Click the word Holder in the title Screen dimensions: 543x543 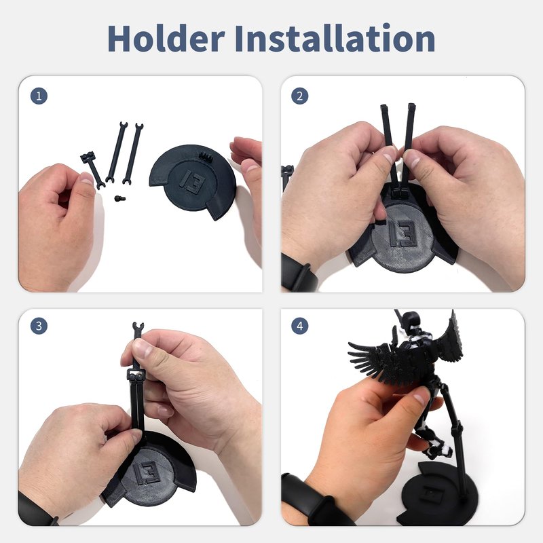[x=166, y=38]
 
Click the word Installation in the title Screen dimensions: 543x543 [x=335, y=38]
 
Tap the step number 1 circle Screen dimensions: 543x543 [x=39, y=96]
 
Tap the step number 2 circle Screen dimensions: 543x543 [x=299, y=96]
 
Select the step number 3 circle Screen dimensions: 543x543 [x=39, y=326]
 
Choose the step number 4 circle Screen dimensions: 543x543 [x=299, y=326]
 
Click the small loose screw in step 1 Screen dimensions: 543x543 [x=120, y=198]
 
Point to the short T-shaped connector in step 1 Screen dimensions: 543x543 [x=92, y=170]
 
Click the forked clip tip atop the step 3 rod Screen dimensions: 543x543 [x=138, y=327]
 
